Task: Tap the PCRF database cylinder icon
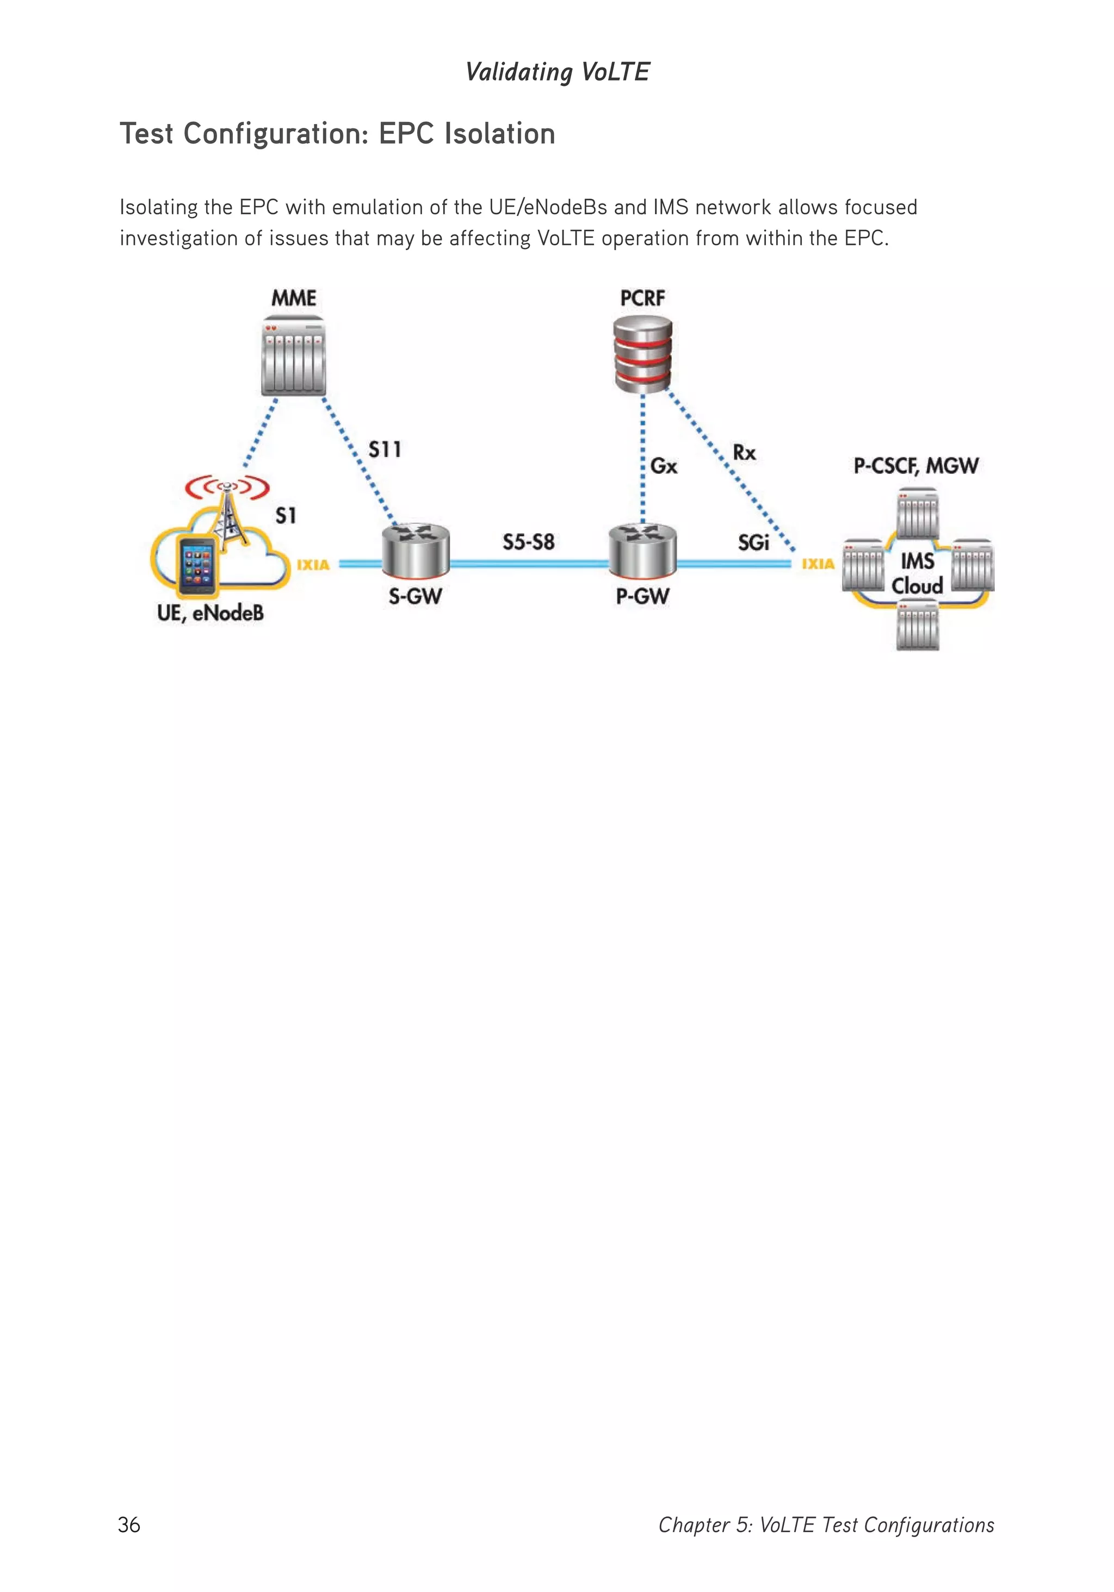pyautogui.click(x=642, y=353)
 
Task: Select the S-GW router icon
pyautogui.click(x=415, y=551)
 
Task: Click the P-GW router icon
pyautogui.click(x=642, y=551)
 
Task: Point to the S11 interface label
pyautogui.click(x=385, y=449)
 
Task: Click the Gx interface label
pyautogui.click(x=664, y=466)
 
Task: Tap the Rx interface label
pyautogui.click(x=744, y=453)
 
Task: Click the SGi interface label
pyautogui.click(x=753, y=542)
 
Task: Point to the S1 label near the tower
pyautogui.click(x=286, y=515)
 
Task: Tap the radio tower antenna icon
pyautogui.click(x=227, y=510)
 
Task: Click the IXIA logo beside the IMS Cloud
pyautogui.click(x=818, y=564)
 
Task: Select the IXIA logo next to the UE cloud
pyautogui.click(x=313, y=564)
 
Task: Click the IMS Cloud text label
pyautogui.click(x=917, y=573)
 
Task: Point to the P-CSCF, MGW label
pyautogui.click(x=916, y=465)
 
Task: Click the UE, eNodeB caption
pyautogui.click(x=210, y=613)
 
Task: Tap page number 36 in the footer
pyautogui.click(x=129, y=1525)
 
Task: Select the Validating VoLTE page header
pyautogui.click(x=558, y=71)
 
